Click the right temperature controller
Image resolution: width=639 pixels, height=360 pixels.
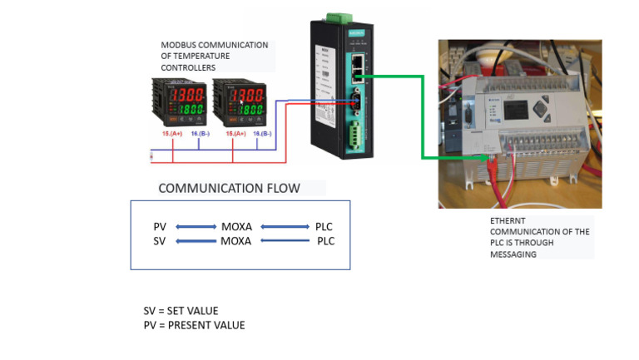click(240, 101)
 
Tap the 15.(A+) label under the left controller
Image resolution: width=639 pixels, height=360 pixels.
click(172, 133)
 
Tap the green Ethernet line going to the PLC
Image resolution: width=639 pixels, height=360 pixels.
click(423, 116)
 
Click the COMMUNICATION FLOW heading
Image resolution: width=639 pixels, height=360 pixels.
click(229, 189)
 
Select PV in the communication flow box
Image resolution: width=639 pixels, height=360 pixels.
click(160, 227)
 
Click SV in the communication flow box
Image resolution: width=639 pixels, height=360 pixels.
click(160, 241)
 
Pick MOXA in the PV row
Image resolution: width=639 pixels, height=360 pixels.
click(236, 227)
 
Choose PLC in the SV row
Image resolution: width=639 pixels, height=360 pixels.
click(325, 241)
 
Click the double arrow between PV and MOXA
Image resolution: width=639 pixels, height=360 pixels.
click(195, 227)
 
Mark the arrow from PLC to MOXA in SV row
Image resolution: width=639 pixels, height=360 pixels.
click(285, 241)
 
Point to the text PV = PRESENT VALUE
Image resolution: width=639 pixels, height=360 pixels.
click(194, 325)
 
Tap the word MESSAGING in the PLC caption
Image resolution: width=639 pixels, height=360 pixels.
click(513, 254)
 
